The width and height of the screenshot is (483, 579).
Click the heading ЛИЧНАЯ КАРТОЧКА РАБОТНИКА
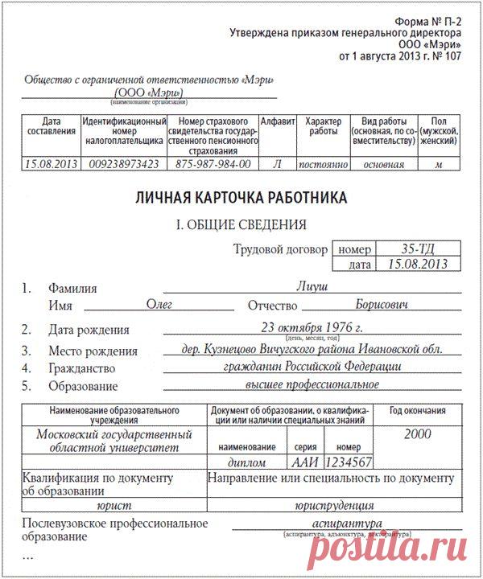(241, 197)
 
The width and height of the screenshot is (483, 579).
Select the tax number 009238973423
(123, 164)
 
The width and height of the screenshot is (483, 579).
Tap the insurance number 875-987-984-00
(213, 164)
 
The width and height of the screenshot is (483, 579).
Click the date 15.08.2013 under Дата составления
(50, 164)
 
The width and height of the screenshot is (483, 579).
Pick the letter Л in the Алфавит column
(278, 164)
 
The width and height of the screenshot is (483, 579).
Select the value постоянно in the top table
(322, 164)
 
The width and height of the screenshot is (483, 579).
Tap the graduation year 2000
(416, 434)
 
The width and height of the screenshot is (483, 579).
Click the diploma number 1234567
(348, 462)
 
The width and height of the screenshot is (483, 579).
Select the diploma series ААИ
(303, 462)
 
